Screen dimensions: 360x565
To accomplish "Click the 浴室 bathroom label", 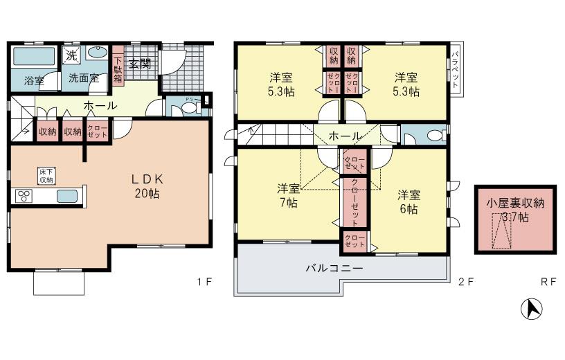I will pyautogui.click(x=34, y=80).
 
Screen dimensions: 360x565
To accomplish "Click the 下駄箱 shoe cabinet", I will pyautogui.click(x=118, y=69).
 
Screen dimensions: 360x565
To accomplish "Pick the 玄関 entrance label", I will pyautogui.click(x=141, y=64).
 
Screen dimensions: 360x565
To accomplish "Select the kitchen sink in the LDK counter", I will pyautogui.click(x=67, y=196).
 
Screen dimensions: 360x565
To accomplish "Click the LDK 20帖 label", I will pyautogui.click(x=146, y=186).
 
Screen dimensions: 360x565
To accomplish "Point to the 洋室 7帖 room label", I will pyautogui.click(x=288, y=195).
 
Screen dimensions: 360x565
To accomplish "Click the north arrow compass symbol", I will pyautogui.click(x=531, y=309).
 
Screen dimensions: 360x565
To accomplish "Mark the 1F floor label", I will pyautogui.click(x=204, y=282).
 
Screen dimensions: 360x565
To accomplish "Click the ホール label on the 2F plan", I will pyautogui.click(x=344, y=136).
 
